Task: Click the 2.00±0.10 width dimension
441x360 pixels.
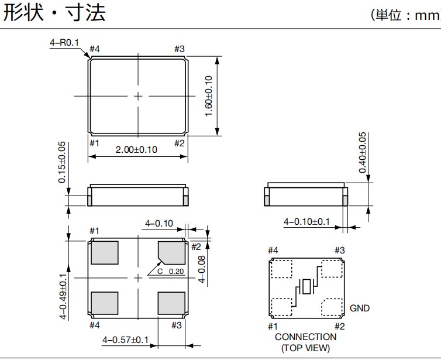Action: (x=136, y=150)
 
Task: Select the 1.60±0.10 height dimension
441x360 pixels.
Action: (x=208, y=95)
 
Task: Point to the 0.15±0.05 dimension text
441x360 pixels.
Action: (x=62, y=162)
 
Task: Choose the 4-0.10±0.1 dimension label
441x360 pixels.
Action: (x=307, y=222)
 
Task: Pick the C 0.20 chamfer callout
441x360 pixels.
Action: (x=170, y=272)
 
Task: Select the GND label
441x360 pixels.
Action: (x=360, y=308)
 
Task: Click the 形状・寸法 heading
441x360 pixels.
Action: (x=55, y=13)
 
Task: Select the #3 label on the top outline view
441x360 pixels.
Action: (x=180, y=49)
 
